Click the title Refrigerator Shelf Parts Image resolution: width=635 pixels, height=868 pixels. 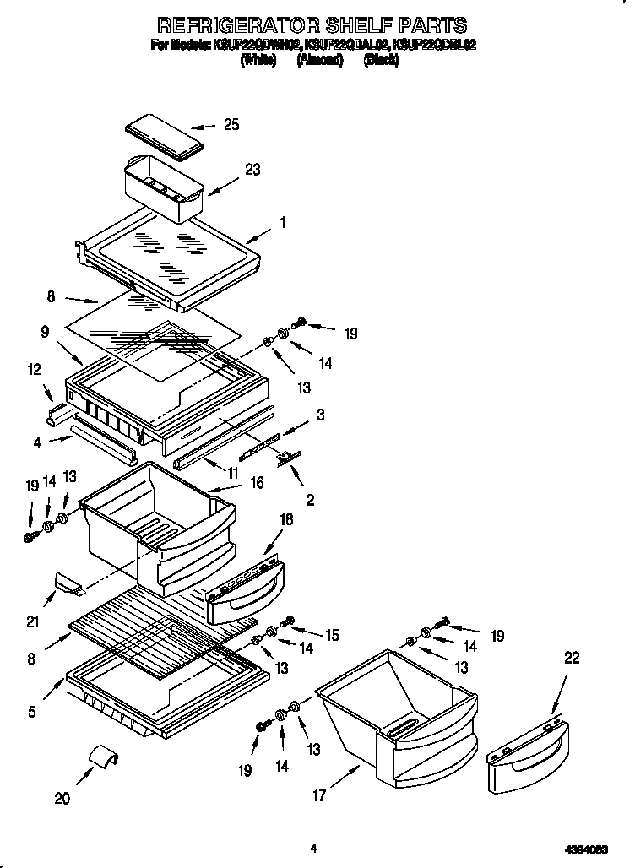click(313, 24)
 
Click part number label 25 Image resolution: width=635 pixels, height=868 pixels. click(231, 125)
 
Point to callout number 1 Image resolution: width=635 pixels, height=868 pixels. click(283, 223)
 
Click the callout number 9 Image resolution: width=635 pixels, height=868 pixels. click(44, 333)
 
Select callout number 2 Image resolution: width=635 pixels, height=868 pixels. click(310, 500)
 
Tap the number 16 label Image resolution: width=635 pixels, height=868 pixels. click(257, 483)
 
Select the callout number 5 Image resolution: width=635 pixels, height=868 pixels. click(31, 711)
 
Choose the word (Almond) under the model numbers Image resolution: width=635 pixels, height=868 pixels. click(319, 61)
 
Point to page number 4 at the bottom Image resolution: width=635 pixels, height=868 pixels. click(313, 848)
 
